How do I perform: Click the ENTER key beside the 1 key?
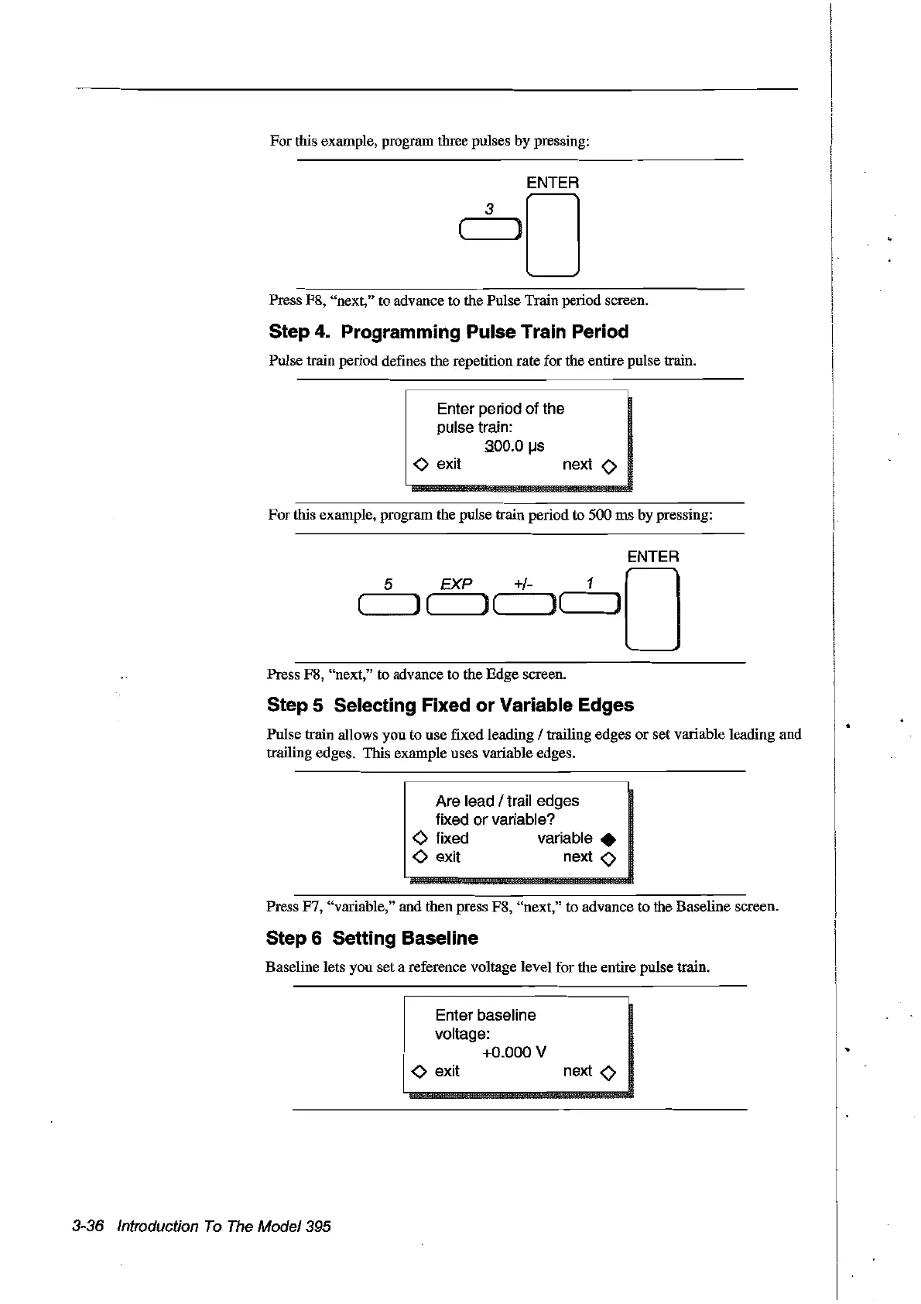(x=652, y=609)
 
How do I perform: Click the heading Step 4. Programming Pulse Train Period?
(x=448, y=332)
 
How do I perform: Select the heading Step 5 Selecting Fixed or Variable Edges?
(x=450, y=705)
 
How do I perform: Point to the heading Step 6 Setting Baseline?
(x=371, y=939)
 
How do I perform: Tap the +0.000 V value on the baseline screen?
(x=514, y=1052)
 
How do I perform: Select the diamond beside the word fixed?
(x=420, y=839)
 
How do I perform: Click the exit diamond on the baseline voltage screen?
(x=419, y=1072)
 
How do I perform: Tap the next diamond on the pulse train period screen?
(x=609, y=466)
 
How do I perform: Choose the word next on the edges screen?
(x=577, y=857)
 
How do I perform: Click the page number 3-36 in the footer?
(x=87, y=1226)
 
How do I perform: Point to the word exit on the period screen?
(x=449, y=465)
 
